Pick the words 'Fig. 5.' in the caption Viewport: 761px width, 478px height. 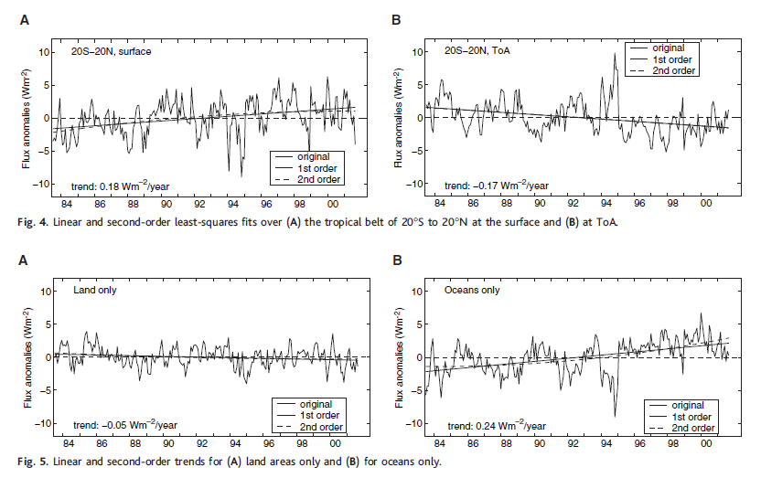pos(34,461)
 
